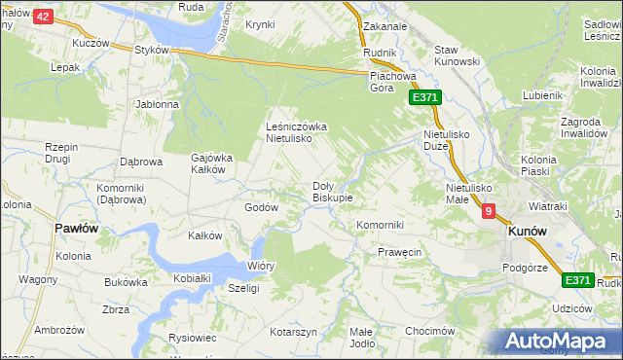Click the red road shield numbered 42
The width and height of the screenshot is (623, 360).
[43, 17]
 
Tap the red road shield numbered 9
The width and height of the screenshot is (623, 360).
[488, 210]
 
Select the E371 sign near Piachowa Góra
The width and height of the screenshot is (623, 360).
[425, 98]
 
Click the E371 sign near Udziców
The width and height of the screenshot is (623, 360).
[578, 280]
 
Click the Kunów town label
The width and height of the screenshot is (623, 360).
[527, 233]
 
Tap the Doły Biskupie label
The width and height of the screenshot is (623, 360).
[332, 191]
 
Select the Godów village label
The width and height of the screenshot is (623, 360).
[261, 207]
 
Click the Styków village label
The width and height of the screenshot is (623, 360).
[153, 51]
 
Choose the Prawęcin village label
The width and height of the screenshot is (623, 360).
[399, 252]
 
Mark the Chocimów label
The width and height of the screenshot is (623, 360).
[431, 331]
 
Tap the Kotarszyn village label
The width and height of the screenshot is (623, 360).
[294, 332]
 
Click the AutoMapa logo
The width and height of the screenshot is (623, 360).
[558, 342]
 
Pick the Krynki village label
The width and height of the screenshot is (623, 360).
[260, 24]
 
